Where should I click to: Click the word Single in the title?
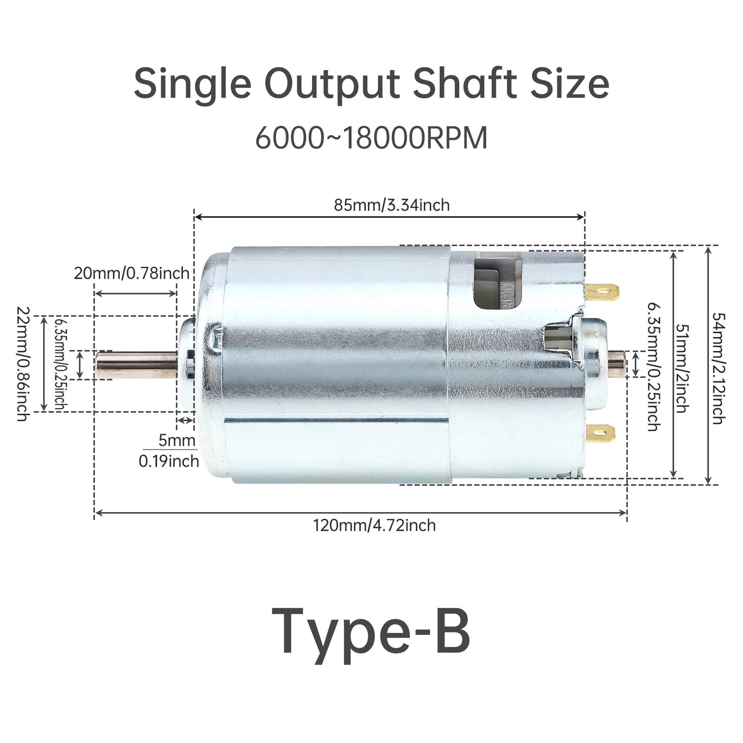(193, 85)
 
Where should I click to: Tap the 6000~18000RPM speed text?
(371, 137)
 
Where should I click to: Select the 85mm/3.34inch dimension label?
(392, 205)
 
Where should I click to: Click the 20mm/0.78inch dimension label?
(132, 273)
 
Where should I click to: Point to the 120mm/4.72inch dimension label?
(374, 525)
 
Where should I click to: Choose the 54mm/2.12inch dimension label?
(718, 368)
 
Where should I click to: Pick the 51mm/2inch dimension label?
(682, 368)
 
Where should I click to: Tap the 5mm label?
(176, 440)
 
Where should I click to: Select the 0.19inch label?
(169, 461)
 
